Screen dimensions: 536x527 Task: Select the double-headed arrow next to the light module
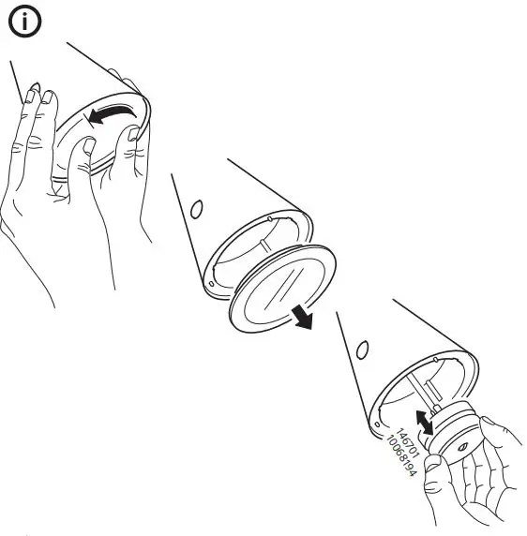coord(425,423)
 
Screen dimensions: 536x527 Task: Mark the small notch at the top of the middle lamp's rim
coord(270,216)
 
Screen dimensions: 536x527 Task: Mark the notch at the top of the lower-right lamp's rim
coord(434,358)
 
